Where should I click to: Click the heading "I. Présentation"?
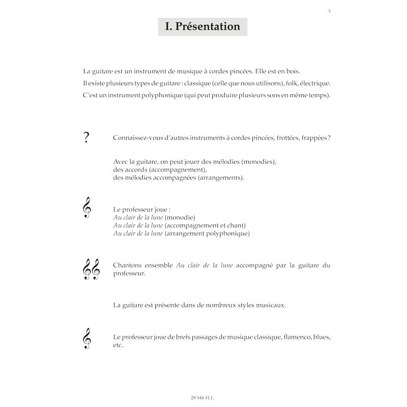click(x=202, y=26)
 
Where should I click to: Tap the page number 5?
click(x=329, y=11)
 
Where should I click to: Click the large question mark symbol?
click(x=86, y=138)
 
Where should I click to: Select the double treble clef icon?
click(x=91, y=269)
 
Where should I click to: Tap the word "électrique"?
click(x=315, y=83)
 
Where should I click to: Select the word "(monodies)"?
click(x=257, y=162)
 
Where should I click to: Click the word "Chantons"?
click(x=129, y=266)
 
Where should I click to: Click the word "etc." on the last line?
click(x=118, y=345)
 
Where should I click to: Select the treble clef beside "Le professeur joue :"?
click(x=86, y=209)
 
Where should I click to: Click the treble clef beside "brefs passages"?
click(x=86, y=338)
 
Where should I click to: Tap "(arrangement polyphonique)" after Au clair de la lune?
click(x=208, y=234)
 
